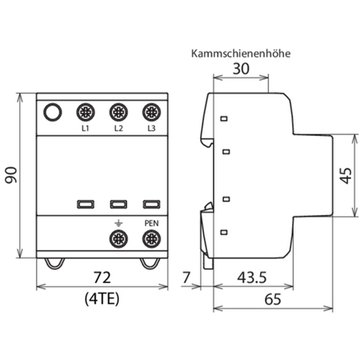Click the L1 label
coord(84,128)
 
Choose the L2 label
coord(118,128)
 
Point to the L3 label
coord(150,128)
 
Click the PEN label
coord(150,223)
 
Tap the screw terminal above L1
coord(84,112)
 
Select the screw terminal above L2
coord(118,112)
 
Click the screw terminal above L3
coord(150,112)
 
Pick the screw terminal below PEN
coord(150,238)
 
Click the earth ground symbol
coord(118,223)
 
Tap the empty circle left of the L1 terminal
coord(52,112)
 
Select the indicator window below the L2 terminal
coord(118,204)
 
